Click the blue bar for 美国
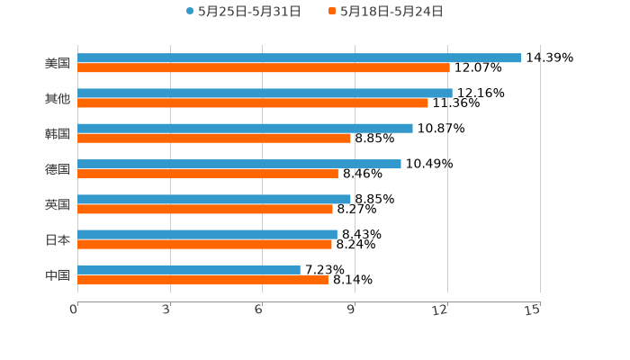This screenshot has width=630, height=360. pos(300,58)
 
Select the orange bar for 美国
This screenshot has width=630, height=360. pos(264,67)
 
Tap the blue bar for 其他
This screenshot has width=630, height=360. pos(265,93)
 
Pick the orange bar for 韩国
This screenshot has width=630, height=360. pos(214,138)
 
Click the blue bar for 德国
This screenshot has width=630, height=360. pos(239,164)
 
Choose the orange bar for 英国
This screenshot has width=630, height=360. pos(205,209)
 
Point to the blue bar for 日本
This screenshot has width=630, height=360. pos(207,234)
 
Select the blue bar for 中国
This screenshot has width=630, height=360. pos(189,269)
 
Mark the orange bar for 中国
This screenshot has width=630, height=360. pos(202,279)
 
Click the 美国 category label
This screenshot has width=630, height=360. pos(58,63)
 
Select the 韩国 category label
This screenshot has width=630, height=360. pos(58,133)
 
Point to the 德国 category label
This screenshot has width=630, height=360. pos(58,169)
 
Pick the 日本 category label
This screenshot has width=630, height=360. pos(58,239)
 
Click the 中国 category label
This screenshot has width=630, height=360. pos(58,274)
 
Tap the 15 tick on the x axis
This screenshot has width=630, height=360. pos(533,310)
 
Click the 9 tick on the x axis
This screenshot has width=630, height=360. pos(352,310)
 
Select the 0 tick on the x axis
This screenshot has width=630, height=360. pos(75,310)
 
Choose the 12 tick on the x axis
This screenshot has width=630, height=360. pos(441,310)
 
